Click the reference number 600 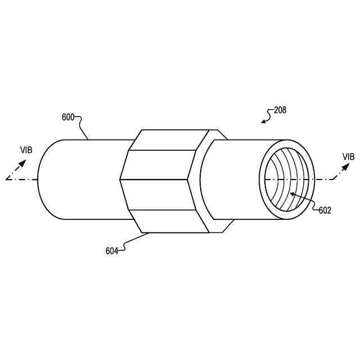point(68,118)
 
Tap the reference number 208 point(280,110)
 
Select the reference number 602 point(325,210)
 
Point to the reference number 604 point(112,251)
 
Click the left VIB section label point(26,150)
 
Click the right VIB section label point(349,157)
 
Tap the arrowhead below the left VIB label point(22,164)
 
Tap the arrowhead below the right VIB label point(345,166)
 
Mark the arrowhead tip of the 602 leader point(290,193)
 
